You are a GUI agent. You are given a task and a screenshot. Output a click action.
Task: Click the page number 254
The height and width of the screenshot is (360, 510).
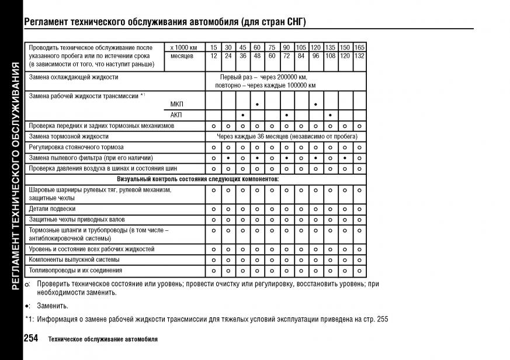tap(30, 338)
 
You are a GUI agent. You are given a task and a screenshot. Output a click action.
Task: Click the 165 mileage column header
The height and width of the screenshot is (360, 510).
tap(359, 47)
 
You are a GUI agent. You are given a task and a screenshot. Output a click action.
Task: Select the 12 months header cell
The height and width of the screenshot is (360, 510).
tap(213, 56)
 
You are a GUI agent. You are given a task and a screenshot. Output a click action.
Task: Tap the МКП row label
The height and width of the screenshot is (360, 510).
tap(176, 104)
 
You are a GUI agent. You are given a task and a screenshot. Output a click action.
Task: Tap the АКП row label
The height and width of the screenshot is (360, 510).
tap(176, 115)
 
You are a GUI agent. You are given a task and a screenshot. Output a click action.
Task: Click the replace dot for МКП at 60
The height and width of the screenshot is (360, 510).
tap(257, 104)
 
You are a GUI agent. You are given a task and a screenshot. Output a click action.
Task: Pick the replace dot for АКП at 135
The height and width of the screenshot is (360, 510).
tap(330, 115)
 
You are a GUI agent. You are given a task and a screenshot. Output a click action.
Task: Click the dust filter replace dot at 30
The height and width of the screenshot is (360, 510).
tap(228, 158)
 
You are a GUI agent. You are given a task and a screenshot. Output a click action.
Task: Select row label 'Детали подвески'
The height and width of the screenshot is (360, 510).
tap(52, 209)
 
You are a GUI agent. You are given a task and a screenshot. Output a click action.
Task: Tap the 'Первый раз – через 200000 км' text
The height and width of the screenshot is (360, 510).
tap(263, 77)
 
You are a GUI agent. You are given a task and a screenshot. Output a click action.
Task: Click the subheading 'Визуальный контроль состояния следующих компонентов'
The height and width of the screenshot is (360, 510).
tap(198, 178)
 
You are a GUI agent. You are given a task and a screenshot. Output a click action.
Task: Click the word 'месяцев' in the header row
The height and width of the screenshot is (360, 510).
tap(182, 56)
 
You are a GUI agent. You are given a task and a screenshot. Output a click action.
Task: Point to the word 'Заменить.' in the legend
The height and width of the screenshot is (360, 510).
tap(53, 306)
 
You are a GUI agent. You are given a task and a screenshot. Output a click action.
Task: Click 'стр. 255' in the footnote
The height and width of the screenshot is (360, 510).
tap(374, 319)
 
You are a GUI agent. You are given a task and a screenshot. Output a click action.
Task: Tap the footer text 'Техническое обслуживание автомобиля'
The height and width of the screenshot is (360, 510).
tap(103, 340)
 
